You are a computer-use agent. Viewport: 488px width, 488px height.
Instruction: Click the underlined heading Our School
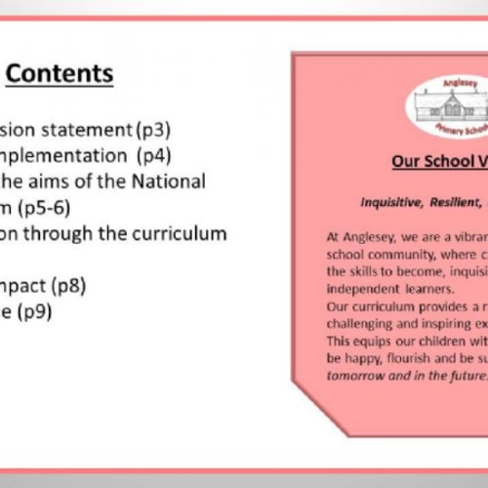click(x=432, y=160)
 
